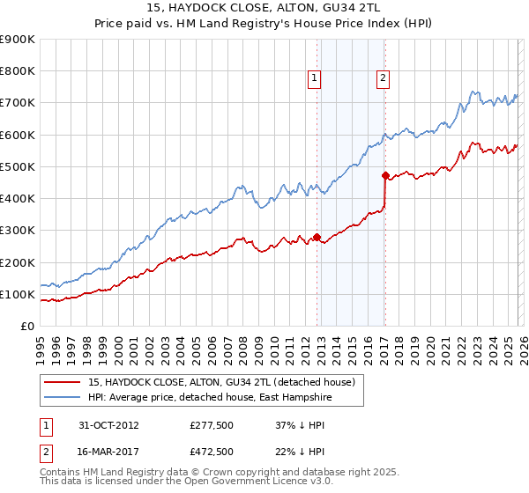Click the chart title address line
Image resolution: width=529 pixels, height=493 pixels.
click(x=264, y=8)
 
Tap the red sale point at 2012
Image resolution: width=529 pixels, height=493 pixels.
click(x=317, y=237)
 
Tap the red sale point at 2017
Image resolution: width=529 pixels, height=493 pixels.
click(x=385, y=175)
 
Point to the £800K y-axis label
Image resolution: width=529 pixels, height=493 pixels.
click(x=18, y=71)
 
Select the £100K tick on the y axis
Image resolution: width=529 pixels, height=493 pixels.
click(x=18, y=294)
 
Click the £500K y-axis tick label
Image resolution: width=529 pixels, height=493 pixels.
click(x=18, y=166)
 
